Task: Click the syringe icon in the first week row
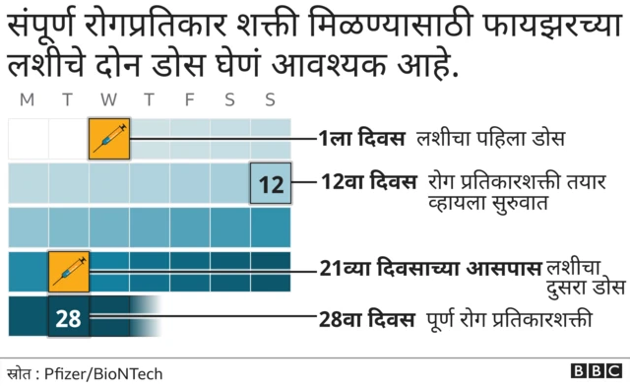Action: click(108, 138)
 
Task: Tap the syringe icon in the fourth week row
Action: click(69, 271)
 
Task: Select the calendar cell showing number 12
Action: click(271, 183)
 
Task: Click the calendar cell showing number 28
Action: click(69, 318)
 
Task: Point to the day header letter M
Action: click(27, 99)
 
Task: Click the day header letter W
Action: click(108, 99)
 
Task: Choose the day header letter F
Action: click(189, 99)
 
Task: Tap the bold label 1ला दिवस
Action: click(361, 139)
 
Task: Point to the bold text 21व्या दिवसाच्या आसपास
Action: click(430, 267)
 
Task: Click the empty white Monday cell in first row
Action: click(28, 138)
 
